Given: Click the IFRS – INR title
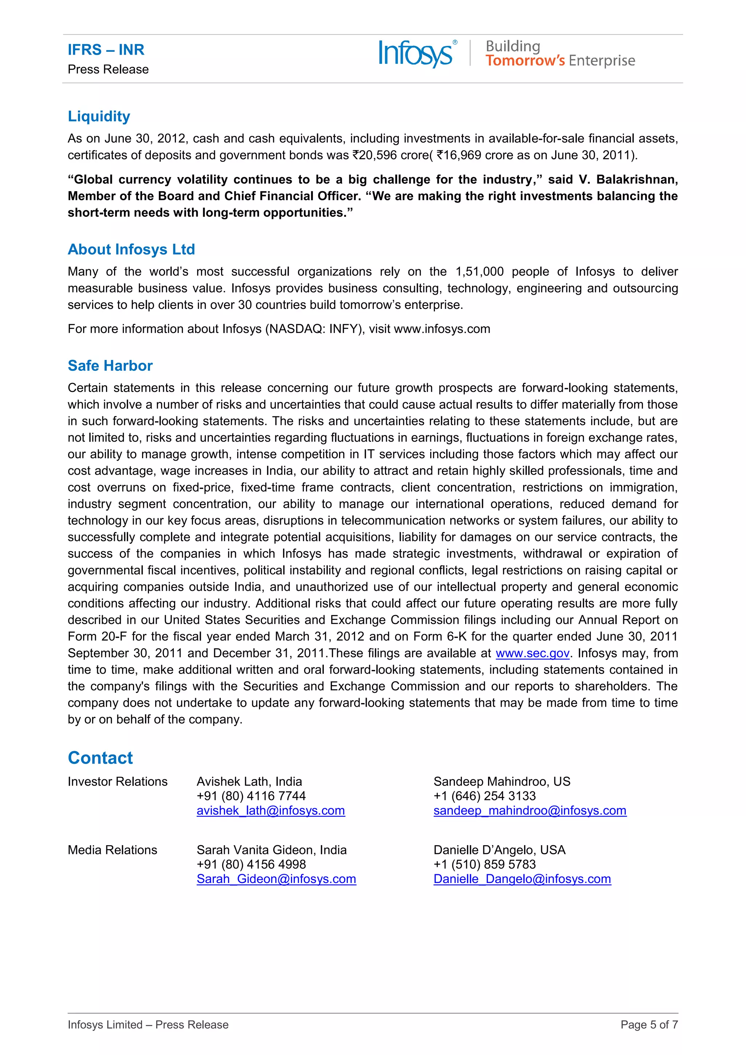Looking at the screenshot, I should coord(106,50).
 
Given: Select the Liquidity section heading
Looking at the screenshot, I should coord(99,116).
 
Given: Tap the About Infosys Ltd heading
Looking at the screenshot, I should coord(131,249).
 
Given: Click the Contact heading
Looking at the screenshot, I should coord(100,758).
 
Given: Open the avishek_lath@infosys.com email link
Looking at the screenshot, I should coord(271,810).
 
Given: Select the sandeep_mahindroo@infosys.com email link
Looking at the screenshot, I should coord(530,810).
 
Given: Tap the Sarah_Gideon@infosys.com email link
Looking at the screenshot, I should coord(276,879).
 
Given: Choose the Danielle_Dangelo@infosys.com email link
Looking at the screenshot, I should coord(522,879).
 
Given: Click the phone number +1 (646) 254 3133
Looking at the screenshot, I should coord(484,796).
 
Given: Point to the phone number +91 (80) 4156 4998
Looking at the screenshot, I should coord(251,864).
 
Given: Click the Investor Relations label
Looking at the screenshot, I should coord(118,782).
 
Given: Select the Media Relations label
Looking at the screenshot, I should coord(113,850).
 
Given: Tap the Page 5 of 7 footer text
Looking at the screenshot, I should coord(649,1025).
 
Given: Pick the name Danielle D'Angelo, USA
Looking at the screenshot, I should coord(499,850).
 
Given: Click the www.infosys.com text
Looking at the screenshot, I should coord(442,329).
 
